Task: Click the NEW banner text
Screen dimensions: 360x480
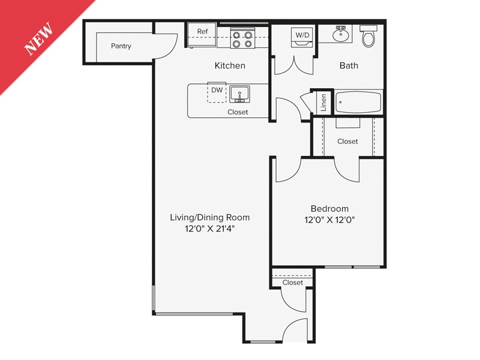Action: click(x=39, y=39)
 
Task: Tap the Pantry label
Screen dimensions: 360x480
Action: click(x=121, y=46)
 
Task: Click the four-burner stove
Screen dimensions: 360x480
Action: click(x=243, y=39)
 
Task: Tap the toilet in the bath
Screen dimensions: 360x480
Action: click(x=368, y=37)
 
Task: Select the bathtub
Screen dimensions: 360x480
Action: click(x=358, y=102)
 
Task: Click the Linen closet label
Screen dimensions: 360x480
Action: click(x=324, y=103)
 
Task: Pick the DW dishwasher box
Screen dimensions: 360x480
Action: click(x=217, y=91)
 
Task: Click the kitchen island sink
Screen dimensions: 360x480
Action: click(x=243, y=95)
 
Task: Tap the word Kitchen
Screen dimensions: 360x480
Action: click(x=230, y=65)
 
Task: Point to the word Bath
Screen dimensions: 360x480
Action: click(x=349, y=65)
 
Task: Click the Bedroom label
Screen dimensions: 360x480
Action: click(x=329, y=209)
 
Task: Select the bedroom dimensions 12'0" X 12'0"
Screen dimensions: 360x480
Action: click(x=329, y=220)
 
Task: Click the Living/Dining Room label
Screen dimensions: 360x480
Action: click(x=210, y=217)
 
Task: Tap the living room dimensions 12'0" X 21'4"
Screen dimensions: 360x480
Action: click(x=210, y=229)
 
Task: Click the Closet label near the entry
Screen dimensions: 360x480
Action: click(x=293, y=283)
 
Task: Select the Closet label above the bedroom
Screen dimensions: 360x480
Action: click(x=347, y=142)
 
